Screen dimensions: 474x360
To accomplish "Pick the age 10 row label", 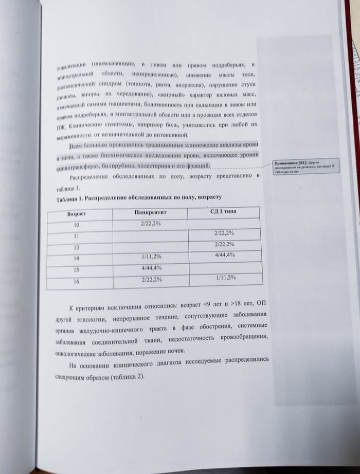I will click(x=77, y=225).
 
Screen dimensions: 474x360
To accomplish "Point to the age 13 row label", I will click(x=77, y=247).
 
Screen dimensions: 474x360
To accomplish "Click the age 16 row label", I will click(x=77, y=282).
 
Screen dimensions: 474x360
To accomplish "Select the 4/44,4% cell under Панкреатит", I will click(x=151, y=268).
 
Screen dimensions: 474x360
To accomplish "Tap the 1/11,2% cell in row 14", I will click(x=151, y=257).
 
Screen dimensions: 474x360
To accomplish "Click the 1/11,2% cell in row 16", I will click(x=225, y=278).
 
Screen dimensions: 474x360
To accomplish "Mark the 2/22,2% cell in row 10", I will click(x=151, y=223).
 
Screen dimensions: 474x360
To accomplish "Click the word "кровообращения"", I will click(x=243, y=337).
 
